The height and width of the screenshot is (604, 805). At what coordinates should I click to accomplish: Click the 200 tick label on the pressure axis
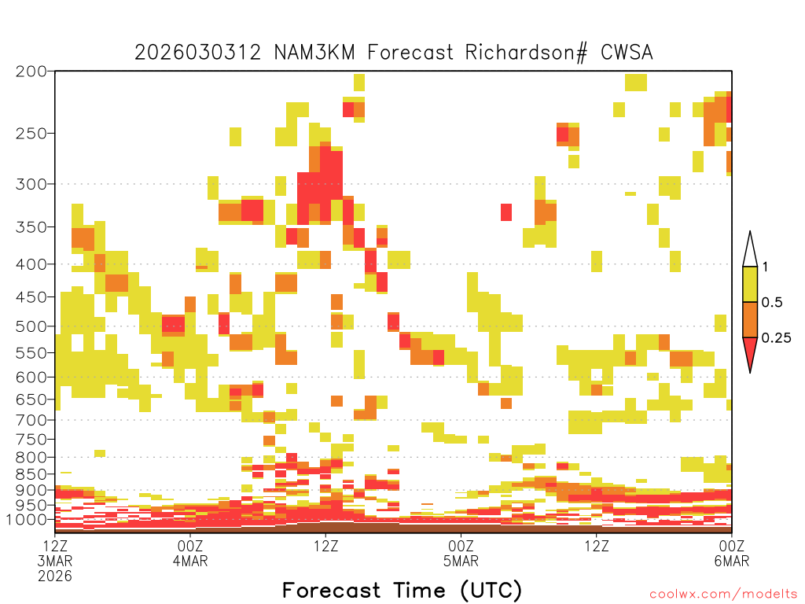pyautogui.click(x=31, y=72)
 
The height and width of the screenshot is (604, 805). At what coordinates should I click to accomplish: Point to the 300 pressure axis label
pyautogui.click(x=31, y=184)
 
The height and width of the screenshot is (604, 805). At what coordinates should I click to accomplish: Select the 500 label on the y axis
pyautogui.click(x=31, y=326)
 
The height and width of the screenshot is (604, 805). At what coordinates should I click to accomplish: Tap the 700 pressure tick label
pyautogui.click(x=31, y=420)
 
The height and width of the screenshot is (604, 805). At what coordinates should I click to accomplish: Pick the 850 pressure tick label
pyautogui.click(x=31, y=474)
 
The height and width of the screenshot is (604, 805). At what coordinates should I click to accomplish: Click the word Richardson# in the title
pyautogui.click(x=526, y=53)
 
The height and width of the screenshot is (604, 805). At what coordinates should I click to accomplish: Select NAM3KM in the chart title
pyautogui.click(x=314, y=53)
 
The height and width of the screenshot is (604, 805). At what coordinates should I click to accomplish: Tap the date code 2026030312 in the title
pyautogui.click(x=197, y=53)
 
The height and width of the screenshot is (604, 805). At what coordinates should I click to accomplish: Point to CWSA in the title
pyautogui.click(x=627, y=53)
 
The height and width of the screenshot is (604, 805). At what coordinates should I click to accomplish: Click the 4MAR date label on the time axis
pyautogui.click(x=190, y=561)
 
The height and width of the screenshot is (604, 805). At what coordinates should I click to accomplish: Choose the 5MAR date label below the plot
pyautogui.click(x=461, y=561)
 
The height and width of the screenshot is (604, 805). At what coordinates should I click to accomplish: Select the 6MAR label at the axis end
pyautogui.click(x=732, y=561)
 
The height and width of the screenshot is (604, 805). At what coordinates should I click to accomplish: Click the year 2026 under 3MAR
pyautogui.click(x=55, y=576)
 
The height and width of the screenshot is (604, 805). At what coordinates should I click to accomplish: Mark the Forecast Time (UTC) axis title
pyautogui.click(x=402, y=591)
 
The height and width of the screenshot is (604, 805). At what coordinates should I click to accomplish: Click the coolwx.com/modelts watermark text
pyautogui.click(x=723, y=595)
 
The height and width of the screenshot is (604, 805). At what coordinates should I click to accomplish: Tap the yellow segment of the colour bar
pyautogui.click(x=750, y=284)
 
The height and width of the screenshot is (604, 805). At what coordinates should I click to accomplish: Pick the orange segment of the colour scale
pyautogui.click(x=750, y=319)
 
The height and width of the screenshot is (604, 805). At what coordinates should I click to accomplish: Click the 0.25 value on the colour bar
pyautogui.click(x=776, y=338)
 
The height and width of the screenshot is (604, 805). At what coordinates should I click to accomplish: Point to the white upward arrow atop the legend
pyautogui.click(x=750, y=249)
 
